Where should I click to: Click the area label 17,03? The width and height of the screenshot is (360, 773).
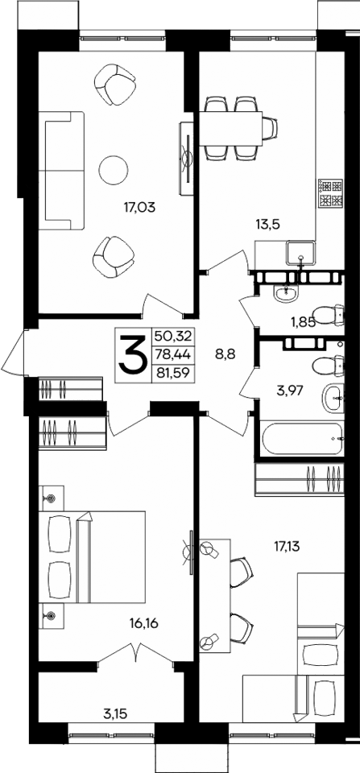click(140, 207)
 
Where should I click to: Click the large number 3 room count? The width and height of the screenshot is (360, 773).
click(132, 356)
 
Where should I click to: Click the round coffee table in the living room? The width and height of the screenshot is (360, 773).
click(113, 169)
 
